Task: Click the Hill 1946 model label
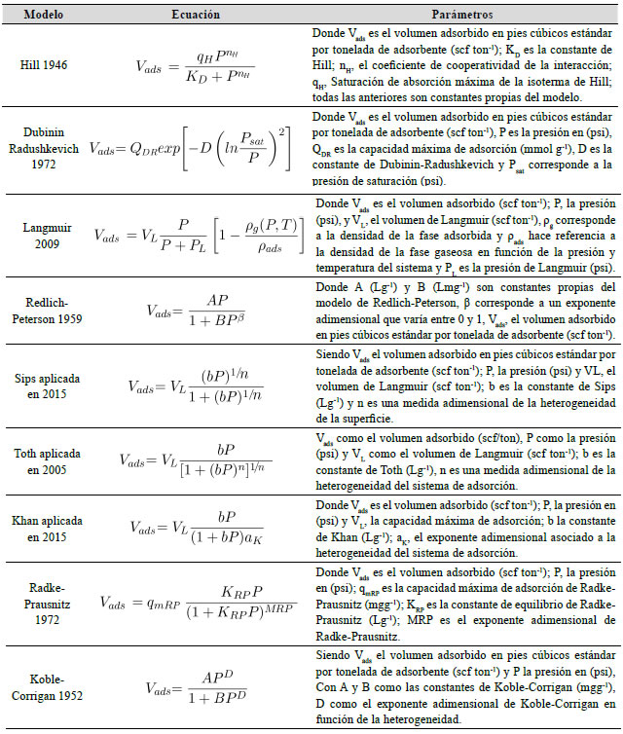pyautogui.click(x=44, y=63)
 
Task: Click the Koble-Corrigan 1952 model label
pyautogui.click(x=44, y=681)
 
